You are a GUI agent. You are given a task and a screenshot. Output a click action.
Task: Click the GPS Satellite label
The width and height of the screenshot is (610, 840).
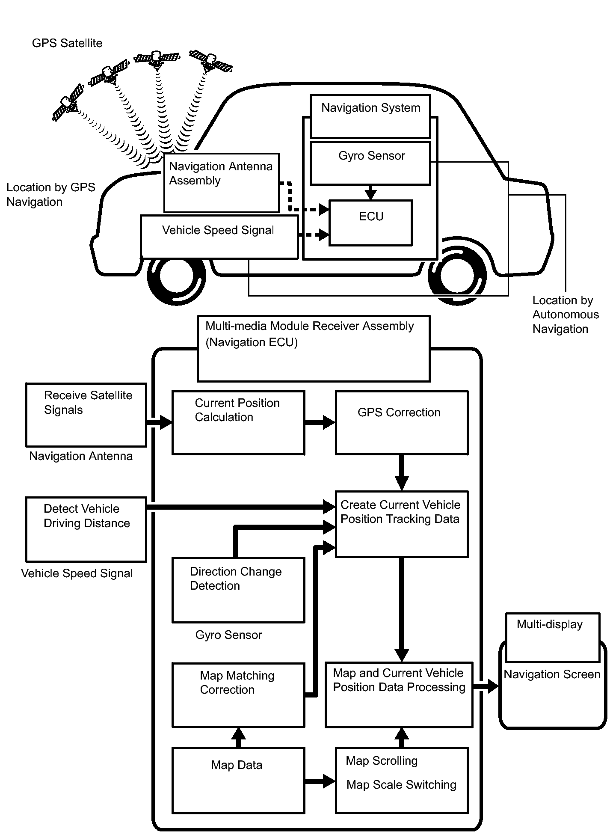[x=67, y=43]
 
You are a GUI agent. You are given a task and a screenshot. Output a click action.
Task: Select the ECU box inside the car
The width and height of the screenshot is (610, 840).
[x=370, y=223]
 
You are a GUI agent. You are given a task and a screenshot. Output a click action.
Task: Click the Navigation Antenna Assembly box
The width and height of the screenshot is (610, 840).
[x=222, y=183]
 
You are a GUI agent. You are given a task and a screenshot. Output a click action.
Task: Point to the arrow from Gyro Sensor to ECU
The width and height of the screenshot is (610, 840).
[x=371, y=193]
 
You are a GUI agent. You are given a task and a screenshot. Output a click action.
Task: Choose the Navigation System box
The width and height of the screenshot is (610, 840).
[x=370, y=116]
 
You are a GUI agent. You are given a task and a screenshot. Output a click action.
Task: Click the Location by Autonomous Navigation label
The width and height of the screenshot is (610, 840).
[x=565, y=315]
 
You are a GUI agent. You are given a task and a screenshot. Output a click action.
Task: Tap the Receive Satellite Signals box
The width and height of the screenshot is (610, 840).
[x=86, y=415]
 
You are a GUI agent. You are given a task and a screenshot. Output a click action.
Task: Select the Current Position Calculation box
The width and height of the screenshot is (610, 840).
[x=238, y=422]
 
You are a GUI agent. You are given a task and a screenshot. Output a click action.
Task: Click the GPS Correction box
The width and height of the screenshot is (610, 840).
[x=402, y=422]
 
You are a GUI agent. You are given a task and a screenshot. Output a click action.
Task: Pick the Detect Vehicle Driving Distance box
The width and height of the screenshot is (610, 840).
[x=86, y=529]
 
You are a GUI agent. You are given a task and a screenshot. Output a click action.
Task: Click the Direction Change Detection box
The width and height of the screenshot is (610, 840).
[x=238, y=590]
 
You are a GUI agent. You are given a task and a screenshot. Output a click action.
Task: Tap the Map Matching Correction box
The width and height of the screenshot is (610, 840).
[x=238, y=695]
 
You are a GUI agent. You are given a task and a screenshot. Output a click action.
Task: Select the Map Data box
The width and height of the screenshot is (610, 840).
[x=238, y=780]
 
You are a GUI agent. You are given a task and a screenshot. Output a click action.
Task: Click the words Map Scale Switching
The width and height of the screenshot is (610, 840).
[x=401, y=785]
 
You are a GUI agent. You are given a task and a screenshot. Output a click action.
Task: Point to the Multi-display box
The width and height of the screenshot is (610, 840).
[x=552, y=637]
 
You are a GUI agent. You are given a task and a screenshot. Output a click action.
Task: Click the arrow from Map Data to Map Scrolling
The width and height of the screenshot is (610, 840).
[x=320, y=781]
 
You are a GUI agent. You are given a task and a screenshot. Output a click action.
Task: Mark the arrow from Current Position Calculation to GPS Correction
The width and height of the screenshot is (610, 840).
[x=320, y=422]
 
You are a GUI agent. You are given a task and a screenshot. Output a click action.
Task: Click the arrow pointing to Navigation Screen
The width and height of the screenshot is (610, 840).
[x=486, y=686]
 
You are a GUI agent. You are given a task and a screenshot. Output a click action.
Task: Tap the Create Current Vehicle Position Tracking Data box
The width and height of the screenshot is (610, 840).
[x=402, y=524]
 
